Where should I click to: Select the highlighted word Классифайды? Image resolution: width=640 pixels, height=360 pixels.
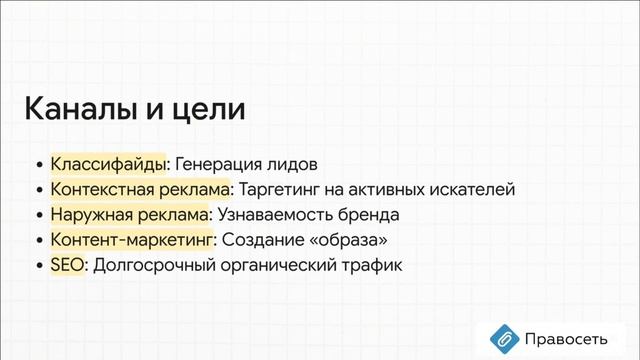coord(108,162)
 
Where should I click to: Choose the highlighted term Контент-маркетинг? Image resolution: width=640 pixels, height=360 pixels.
coord(131,240)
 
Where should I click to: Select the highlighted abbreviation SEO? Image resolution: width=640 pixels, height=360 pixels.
coord(67,266)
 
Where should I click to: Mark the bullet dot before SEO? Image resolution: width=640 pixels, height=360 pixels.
coord(39,267)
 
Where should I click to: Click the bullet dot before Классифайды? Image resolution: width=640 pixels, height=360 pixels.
coord(39,163)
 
